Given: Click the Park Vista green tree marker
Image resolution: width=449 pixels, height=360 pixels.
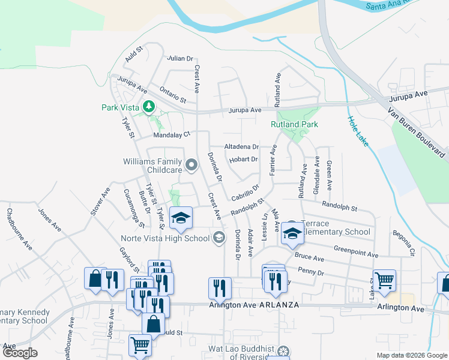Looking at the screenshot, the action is click(x=149, y=107).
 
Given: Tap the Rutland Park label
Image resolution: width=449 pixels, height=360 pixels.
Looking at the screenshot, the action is click(x=294, y=124).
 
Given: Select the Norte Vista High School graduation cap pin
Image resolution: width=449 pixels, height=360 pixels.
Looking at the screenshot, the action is click(x=180, y=218).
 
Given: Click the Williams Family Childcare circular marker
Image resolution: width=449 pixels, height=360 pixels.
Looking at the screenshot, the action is click(x=191, y=164).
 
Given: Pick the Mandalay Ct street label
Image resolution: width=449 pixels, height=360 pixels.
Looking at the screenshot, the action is click(x=171, y=135).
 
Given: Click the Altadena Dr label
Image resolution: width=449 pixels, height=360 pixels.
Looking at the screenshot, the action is click(x=241, y=146).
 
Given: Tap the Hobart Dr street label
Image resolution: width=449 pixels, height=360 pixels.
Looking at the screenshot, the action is click(x=243, y=160).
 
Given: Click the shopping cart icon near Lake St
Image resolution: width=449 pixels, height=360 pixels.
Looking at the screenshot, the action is click(x=384, y=279).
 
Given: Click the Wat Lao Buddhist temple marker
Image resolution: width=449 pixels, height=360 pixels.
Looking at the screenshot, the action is click(x=284, y=350).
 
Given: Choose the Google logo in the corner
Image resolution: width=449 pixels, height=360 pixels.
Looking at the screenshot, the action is click(x=20, y=353).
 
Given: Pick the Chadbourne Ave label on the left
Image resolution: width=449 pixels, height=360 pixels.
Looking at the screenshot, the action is click(x=17, y=229).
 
